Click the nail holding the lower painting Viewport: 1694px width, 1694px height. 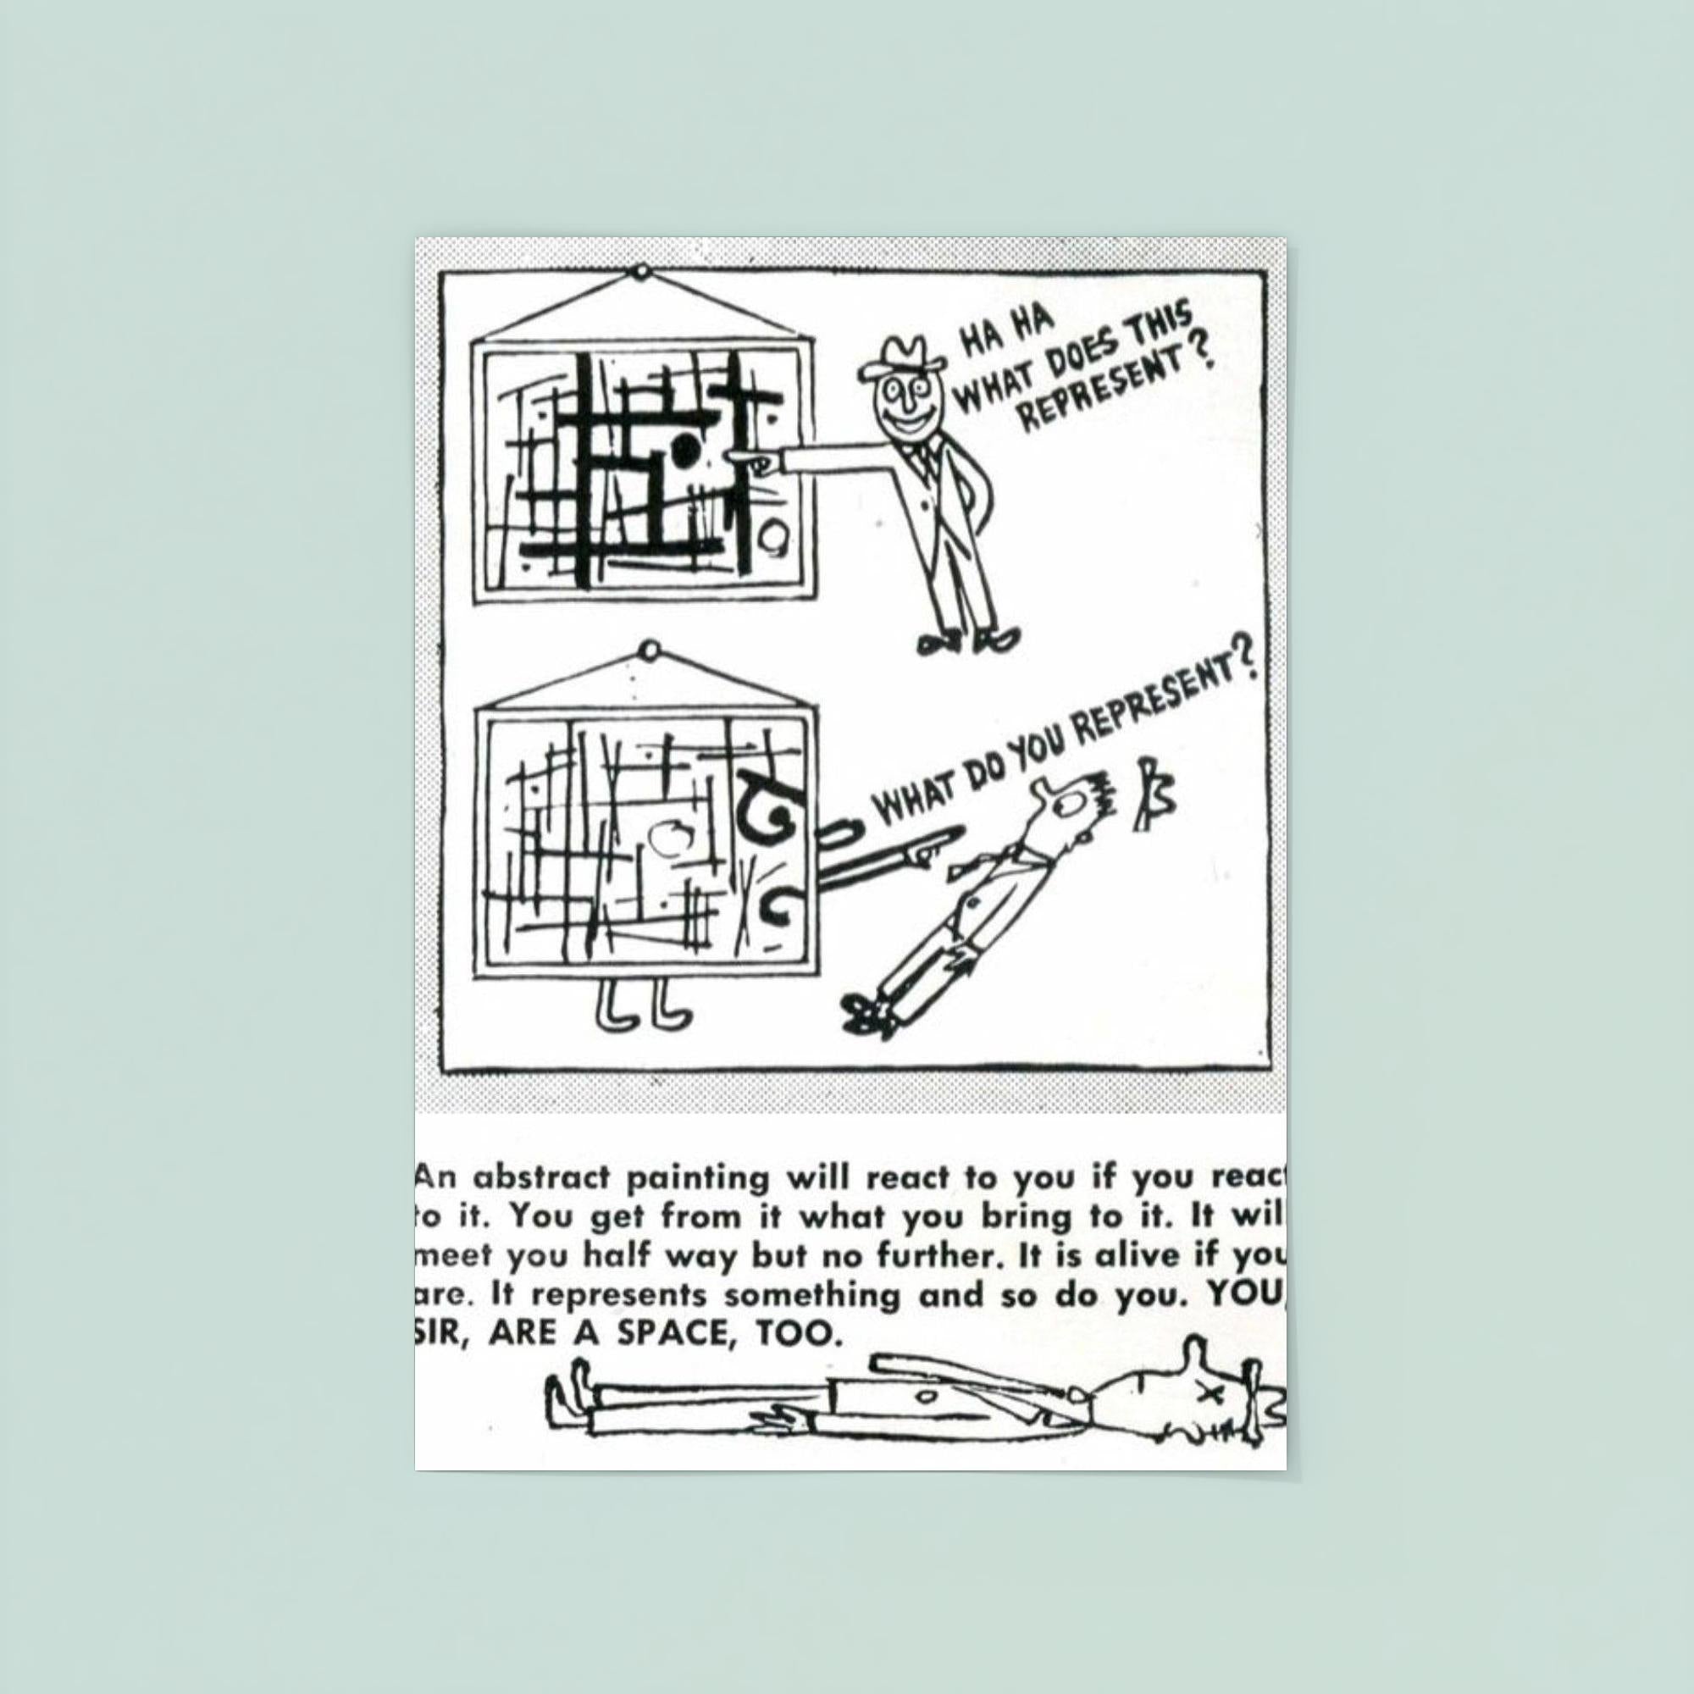[650, 651]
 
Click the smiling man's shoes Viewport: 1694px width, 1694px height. [969, 643]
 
